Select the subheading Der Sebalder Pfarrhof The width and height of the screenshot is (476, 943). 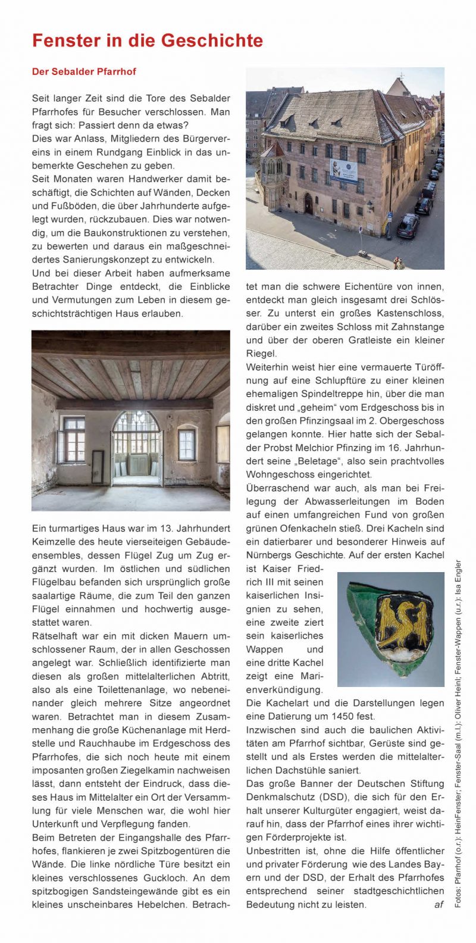pos(84,71)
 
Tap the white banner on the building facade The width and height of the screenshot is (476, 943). pos(344,170)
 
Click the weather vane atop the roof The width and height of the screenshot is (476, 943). pos(402,76)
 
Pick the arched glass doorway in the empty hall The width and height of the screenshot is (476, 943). pos(136,447)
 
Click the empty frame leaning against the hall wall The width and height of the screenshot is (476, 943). pos(98,466)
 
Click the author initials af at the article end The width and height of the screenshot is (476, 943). pos(439,904)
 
